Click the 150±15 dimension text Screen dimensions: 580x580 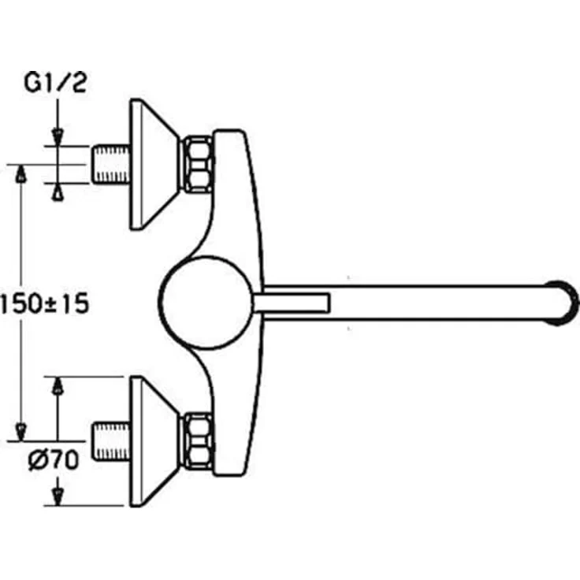click(x=44, y=303)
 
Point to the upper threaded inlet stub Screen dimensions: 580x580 click(x=110, y=164)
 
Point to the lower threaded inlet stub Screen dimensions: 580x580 click(x=110, y=441)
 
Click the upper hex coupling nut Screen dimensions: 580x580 click(x=198, y=164)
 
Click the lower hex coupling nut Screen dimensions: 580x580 click(x=198, y=441)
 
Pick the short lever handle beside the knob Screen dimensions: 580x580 click(x=292, y=303)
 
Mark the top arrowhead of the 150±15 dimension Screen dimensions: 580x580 click(x=20, y=173)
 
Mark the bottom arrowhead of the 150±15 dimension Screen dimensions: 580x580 click(x=20, y=432)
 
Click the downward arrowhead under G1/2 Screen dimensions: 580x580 click(x=57, y=136)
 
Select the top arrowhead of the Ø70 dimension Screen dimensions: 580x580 click(x=57, y=385)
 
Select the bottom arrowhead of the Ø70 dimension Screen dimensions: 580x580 click(x=57, y=496)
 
